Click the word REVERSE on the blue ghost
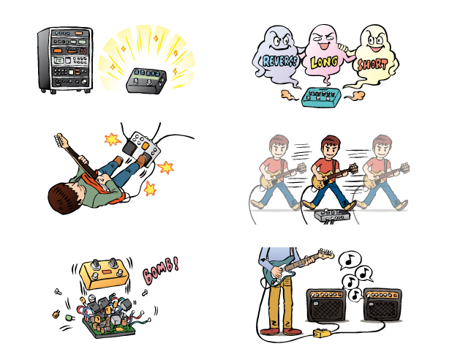coord(280,61)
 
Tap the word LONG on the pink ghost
coord(324,62)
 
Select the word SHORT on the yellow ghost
coord(372,64)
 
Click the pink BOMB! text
coord(161,271)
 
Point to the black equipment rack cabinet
coord(65,60)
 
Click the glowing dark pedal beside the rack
coord(146,80)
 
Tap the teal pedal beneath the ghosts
coord(321,97)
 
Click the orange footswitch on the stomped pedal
coord(146,146)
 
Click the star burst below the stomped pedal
coord(150,189)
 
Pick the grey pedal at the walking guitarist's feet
coord(332,215)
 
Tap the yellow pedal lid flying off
coord(105,274)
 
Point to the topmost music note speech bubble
coord(350,260)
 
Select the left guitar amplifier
coord(326,305)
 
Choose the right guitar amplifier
coord(383,304)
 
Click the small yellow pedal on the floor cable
coord(323,333)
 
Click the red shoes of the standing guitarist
coord(280,331)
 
